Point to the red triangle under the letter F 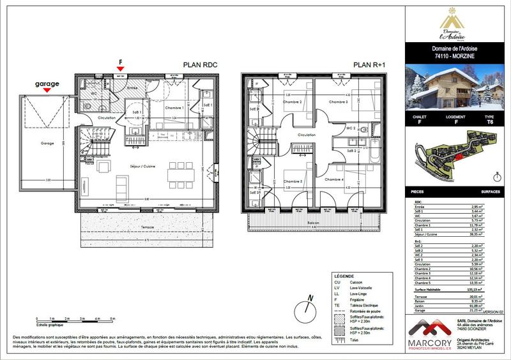click(x=119, y=68)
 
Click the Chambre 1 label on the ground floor click(x=174, y=107)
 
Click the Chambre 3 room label click(x=338, y=102)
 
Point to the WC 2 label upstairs click(x=350, y=128)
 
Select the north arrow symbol click(x=309, y=299)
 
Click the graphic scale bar click(x=75, y=317)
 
